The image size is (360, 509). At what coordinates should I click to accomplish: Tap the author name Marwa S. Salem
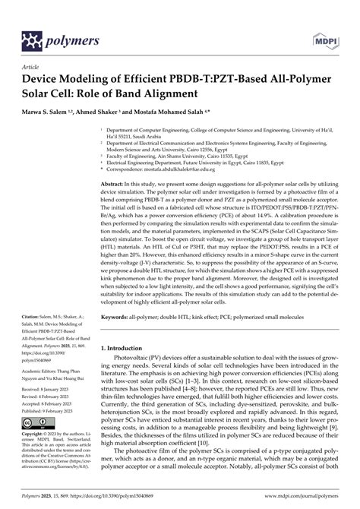click(x=54, y=110)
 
